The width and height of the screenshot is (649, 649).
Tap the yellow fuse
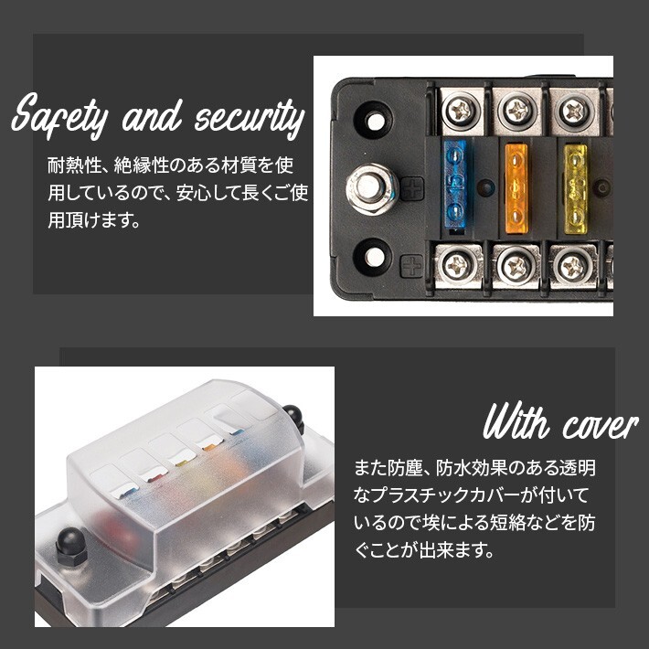[x=576, y=187]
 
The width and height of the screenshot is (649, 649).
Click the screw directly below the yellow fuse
[x=572, y=267]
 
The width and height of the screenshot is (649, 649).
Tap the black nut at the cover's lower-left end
[x=68, y=547]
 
